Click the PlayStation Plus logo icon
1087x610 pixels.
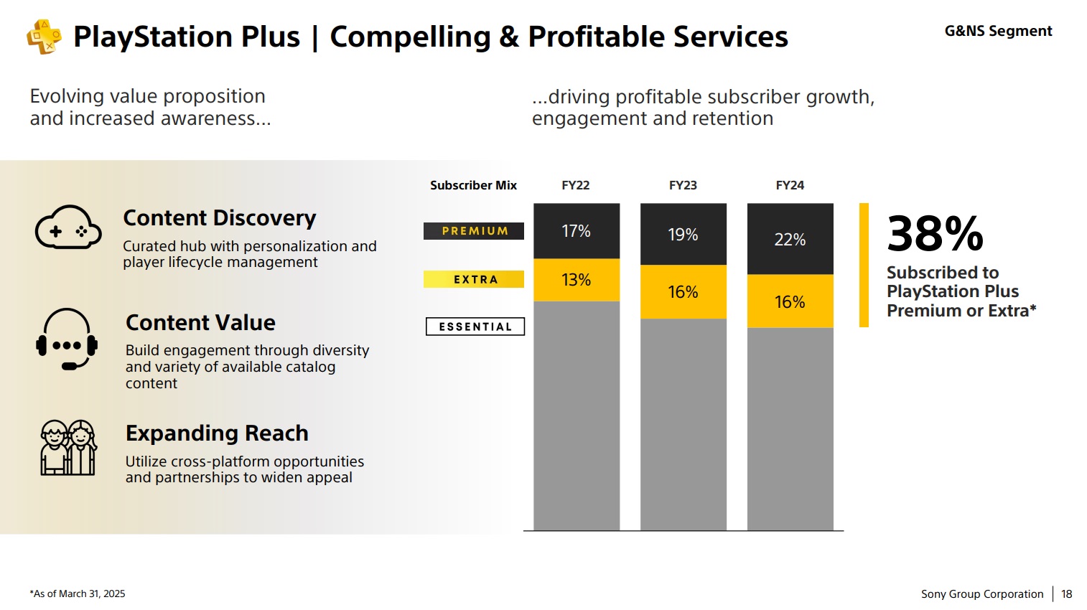click(x=44, y=36)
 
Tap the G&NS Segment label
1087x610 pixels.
click(x=998, y=31)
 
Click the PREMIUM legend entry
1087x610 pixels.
click(x=474, y=231)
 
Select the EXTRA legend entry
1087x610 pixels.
click(x=474, y=279)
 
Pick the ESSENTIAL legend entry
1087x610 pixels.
click(x=475, y=327)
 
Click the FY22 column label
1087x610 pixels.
click(x=575, y=185)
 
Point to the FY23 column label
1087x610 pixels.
click(x=683, y=185)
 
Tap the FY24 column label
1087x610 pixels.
click(x=790, y=185)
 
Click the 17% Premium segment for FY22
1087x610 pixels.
click(x=576, y=231)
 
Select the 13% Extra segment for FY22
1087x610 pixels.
click(x=576, y=280)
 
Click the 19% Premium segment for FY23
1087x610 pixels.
click(x=683, y=235)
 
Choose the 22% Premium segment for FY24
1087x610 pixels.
click(x=790, y=239)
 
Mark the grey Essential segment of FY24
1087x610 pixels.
click(x=790, y=429)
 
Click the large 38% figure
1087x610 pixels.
click(x=935, y=233)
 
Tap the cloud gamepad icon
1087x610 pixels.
click(x=67, y=228)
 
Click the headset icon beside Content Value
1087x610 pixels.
click(x=67, y=339)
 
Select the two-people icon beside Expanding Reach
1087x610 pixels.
click(x=67, y=448)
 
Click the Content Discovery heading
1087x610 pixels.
click(x=220, y=217)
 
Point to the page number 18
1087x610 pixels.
click(x=1066, y=594)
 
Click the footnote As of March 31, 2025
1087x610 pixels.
click(x=78, y=594)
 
